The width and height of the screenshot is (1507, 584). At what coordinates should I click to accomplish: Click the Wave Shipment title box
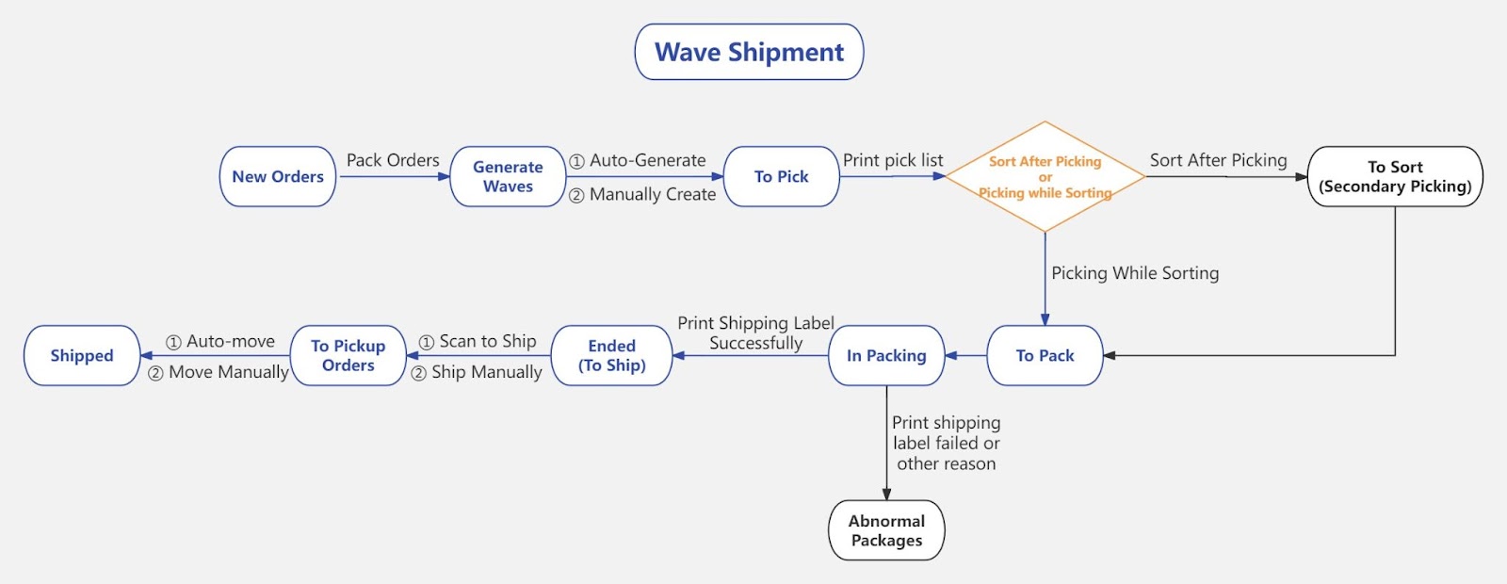(749, 52)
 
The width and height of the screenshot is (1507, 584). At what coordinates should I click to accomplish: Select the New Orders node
(278, 176)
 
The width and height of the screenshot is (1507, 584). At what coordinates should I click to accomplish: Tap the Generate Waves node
(508, 176)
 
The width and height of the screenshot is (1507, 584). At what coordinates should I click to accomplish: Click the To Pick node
(781, 176)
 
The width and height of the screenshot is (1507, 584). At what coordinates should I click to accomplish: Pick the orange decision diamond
(1045, 176)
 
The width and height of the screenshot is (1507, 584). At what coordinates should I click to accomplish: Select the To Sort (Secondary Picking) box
(1395, 176)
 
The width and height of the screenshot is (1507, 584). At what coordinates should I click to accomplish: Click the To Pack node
(1045, 355)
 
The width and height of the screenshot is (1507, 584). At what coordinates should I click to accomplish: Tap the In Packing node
(886, 355)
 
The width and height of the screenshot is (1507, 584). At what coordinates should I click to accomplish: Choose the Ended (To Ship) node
(611, 355)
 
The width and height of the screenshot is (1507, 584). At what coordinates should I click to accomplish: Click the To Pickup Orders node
(348, 355)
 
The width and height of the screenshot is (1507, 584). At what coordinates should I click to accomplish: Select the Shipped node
(82, 355)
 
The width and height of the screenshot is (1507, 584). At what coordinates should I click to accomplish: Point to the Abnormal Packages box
(886, 530)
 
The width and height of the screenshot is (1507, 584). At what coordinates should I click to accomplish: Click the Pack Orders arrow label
(393, 160)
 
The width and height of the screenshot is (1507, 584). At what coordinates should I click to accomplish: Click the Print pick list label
(893, 160)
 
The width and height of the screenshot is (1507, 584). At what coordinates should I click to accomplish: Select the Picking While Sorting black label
(1135, 273)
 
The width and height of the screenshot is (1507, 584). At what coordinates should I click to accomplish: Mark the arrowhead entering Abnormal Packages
(886, 494)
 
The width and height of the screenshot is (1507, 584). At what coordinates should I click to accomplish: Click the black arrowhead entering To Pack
(1110, 355)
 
